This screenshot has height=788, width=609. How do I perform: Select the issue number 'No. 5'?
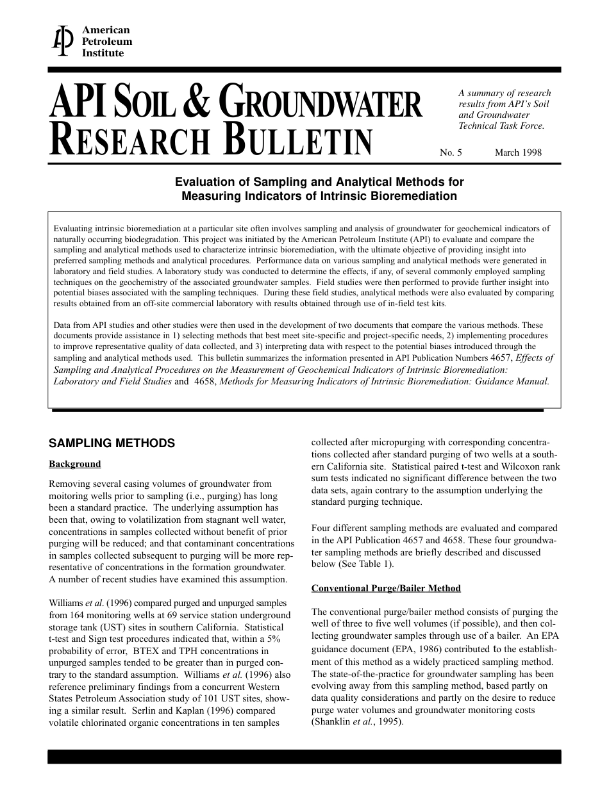click(451, 152)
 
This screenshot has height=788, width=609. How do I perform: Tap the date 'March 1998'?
click(518, 152)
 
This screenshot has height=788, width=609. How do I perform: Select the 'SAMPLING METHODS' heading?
click(112, 443)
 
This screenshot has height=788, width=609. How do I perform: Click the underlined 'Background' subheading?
click(75, 464)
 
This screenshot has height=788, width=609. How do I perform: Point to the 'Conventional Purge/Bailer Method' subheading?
click(386, 588)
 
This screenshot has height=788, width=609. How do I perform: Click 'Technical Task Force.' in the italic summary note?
click(501, 126)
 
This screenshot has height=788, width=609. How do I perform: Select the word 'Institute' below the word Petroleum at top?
click(103, 53)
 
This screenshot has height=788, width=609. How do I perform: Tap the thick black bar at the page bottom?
click(304, 757)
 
